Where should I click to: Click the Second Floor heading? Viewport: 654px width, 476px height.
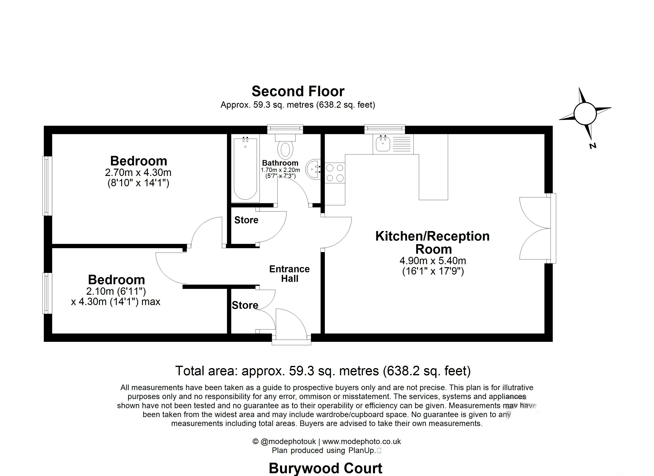tap(298, 91)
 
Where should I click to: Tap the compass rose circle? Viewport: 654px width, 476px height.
tap(585, 114)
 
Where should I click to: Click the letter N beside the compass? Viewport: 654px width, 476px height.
tap(593, 146)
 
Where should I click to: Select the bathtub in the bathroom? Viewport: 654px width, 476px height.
tap(245, 169)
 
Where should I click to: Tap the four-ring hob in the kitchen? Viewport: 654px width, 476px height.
tap(335, 173)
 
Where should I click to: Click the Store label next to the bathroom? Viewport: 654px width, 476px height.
tap(246, 220)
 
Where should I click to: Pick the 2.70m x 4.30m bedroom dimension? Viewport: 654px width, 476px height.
tap(138, 173)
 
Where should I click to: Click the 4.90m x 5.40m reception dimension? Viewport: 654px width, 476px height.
tap(433, 261)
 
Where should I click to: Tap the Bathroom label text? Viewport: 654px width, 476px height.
tap(280, 163)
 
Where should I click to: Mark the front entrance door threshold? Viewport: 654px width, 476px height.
tap(291, 342)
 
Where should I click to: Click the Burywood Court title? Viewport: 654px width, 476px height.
tap(325, 468)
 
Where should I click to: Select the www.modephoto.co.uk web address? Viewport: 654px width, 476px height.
tap(362, 441)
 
